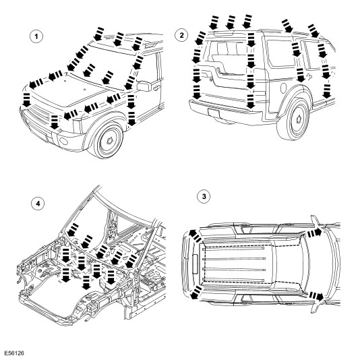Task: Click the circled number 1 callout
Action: pyautogui.click(x=36, y=36)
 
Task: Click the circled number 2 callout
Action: pyautogui.click(x=181, y=35)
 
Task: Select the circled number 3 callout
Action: pyautogui.click(x=204, y=197)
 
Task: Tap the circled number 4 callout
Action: pyautogui.click(x=38, y=204)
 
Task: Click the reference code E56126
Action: pyautogui.click(x=14, y=353)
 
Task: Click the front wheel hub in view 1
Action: pyautogui.click(x=110, y=140)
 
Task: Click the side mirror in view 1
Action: pyautogui.click(x=144, y=86)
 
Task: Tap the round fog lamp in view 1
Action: pyautogui.click(x=63, y=141)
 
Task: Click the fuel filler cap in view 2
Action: pyautogui.click(x=284, y=88)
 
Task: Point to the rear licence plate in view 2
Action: pyautogui.click(x=214, y=113)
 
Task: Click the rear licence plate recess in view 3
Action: pyautogui.click(x=195, y=264)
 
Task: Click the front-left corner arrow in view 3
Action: pyautogui.click(x=315, y=234)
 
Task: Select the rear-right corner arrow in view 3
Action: pyautogui.click(x=196, y=293)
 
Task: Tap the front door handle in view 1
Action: pyautogui.click(x=157, y=87)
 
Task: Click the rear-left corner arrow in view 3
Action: pyautogui.click(x=195, y=236)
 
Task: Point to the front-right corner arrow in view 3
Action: pyautogui.click(x=316, y=296)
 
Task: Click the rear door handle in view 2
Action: pyautogui.click(x=308, y=76)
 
